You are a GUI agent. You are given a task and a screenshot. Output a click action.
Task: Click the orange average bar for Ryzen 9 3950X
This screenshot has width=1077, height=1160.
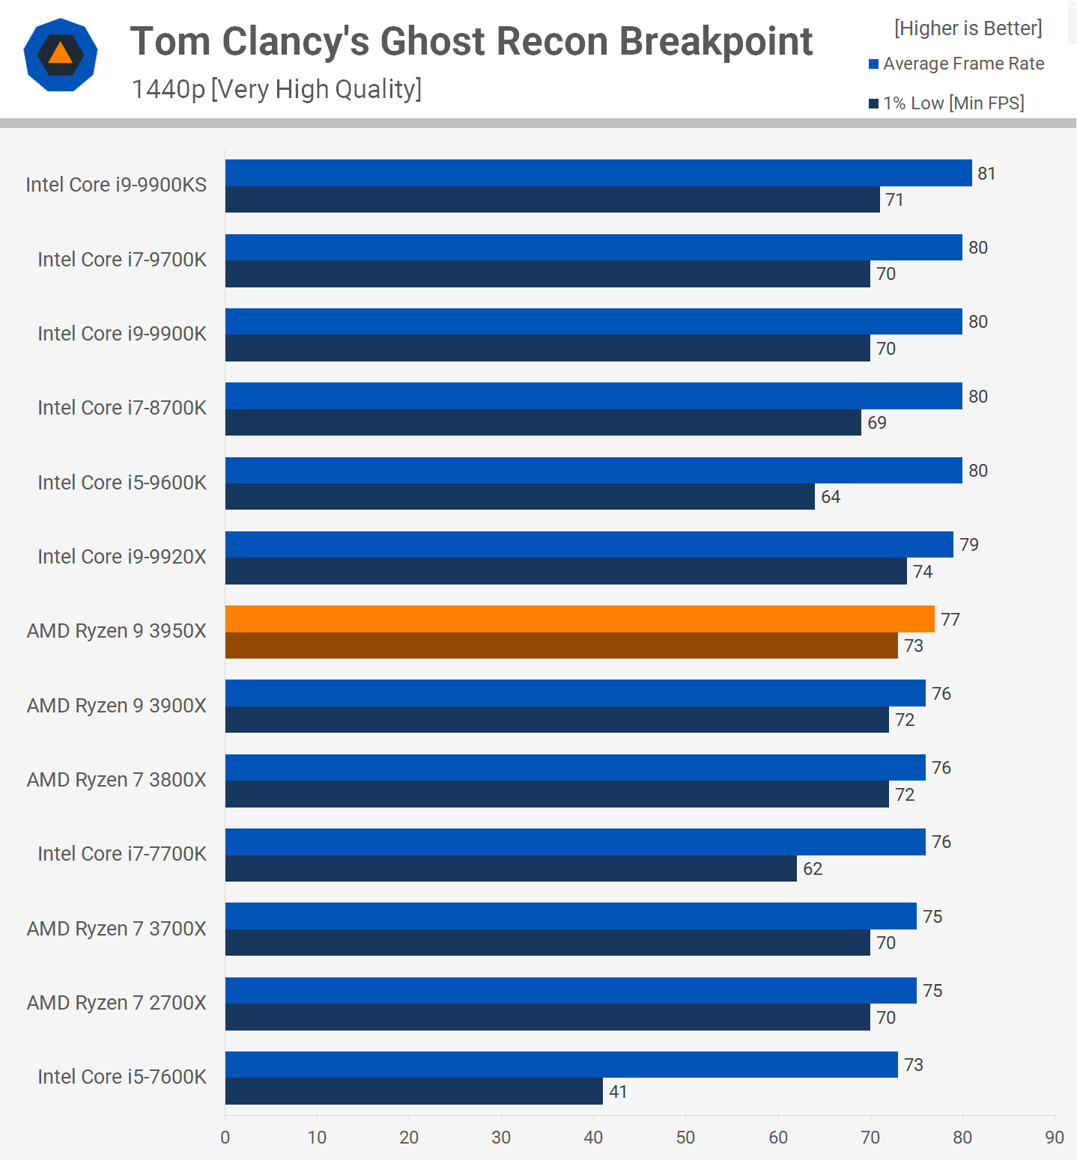(580, 619)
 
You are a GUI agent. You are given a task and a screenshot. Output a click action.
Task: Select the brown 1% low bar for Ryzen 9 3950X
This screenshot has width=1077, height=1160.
(562, 645)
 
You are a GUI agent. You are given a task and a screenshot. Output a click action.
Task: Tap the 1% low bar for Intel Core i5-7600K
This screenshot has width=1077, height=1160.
(414, 1091)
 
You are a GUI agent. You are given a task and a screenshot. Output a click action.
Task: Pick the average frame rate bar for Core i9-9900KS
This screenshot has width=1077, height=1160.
(598, 173)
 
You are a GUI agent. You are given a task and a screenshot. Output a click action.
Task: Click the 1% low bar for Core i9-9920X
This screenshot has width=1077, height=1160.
(566, 571)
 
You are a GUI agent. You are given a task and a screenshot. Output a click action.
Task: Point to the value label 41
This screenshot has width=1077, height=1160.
(618, 1092)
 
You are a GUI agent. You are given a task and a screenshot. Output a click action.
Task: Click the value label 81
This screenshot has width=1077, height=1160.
(986, 174)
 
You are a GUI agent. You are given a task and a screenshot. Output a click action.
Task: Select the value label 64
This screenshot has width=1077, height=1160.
(831, 497)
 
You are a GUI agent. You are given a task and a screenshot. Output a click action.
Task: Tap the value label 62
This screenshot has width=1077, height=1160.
(813, 869)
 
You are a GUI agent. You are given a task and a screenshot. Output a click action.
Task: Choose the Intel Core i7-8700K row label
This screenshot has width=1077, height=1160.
(122, 408)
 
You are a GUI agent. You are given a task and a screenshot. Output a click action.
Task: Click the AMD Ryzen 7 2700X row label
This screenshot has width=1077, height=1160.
(117, 1003)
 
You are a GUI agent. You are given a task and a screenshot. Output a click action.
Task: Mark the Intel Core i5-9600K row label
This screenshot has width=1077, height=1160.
(122, 483)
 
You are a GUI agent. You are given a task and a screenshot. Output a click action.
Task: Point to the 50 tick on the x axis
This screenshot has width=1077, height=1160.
(685, 1138)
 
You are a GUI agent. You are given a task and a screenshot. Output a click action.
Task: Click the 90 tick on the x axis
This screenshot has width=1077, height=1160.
(1054, 1138)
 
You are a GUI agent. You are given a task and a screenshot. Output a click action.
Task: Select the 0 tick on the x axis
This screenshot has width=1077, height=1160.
(225, 1138)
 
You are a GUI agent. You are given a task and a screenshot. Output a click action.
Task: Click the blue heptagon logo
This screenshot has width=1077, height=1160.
(61, 55)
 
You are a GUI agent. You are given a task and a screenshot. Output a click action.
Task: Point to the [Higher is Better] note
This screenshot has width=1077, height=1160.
(968, 28)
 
